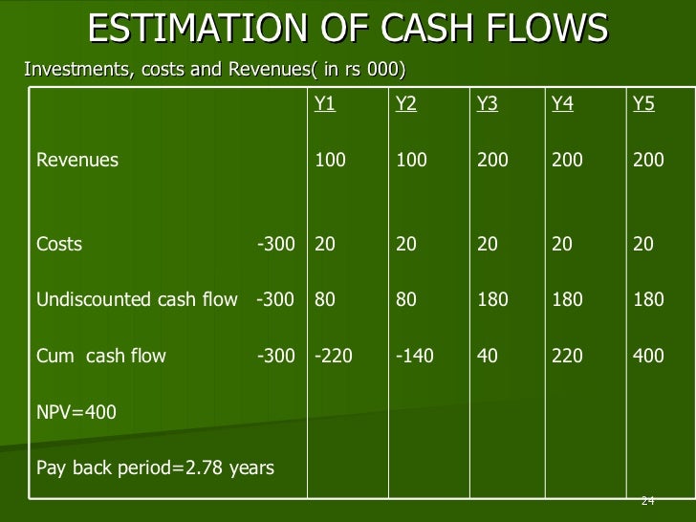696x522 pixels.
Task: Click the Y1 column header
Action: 325,105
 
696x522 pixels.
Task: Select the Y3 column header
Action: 487,105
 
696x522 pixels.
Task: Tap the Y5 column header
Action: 643,105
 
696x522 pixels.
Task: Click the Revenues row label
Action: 77,161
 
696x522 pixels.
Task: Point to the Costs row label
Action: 59,245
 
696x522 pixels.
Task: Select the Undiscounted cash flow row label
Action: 137,300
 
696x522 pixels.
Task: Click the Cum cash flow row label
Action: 101,357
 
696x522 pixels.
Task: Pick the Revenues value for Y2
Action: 411,161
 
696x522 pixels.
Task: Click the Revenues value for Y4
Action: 567,161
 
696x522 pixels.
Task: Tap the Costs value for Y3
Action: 487,245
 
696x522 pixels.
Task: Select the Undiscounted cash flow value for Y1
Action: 325,300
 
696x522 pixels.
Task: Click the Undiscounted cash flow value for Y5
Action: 648,300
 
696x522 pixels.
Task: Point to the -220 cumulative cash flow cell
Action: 334,357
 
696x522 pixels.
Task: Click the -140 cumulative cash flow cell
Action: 415,357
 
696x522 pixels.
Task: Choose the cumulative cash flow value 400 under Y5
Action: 648,357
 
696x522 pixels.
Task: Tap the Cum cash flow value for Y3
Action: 487,357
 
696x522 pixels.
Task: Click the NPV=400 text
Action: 76,413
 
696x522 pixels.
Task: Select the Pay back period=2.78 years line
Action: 155,468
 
